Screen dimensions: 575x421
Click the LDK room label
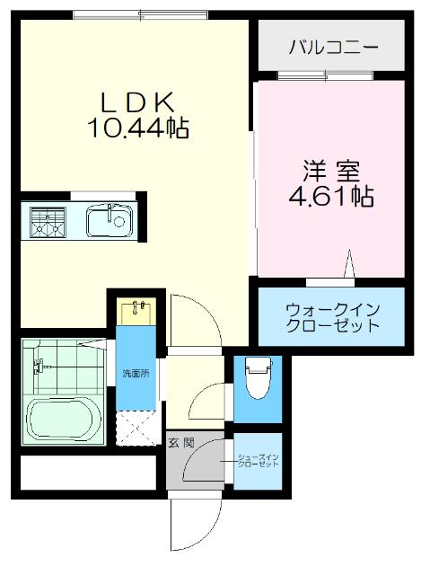136,102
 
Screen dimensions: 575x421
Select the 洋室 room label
333,168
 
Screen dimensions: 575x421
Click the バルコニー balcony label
333,48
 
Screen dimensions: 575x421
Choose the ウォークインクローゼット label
333,317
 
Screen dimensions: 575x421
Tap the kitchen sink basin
109,220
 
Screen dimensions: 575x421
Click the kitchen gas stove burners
47,222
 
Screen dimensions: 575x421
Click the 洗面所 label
135,373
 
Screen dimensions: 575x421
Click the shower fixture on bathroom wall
39,366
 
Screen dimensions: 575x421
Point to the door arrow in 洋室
350,266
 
